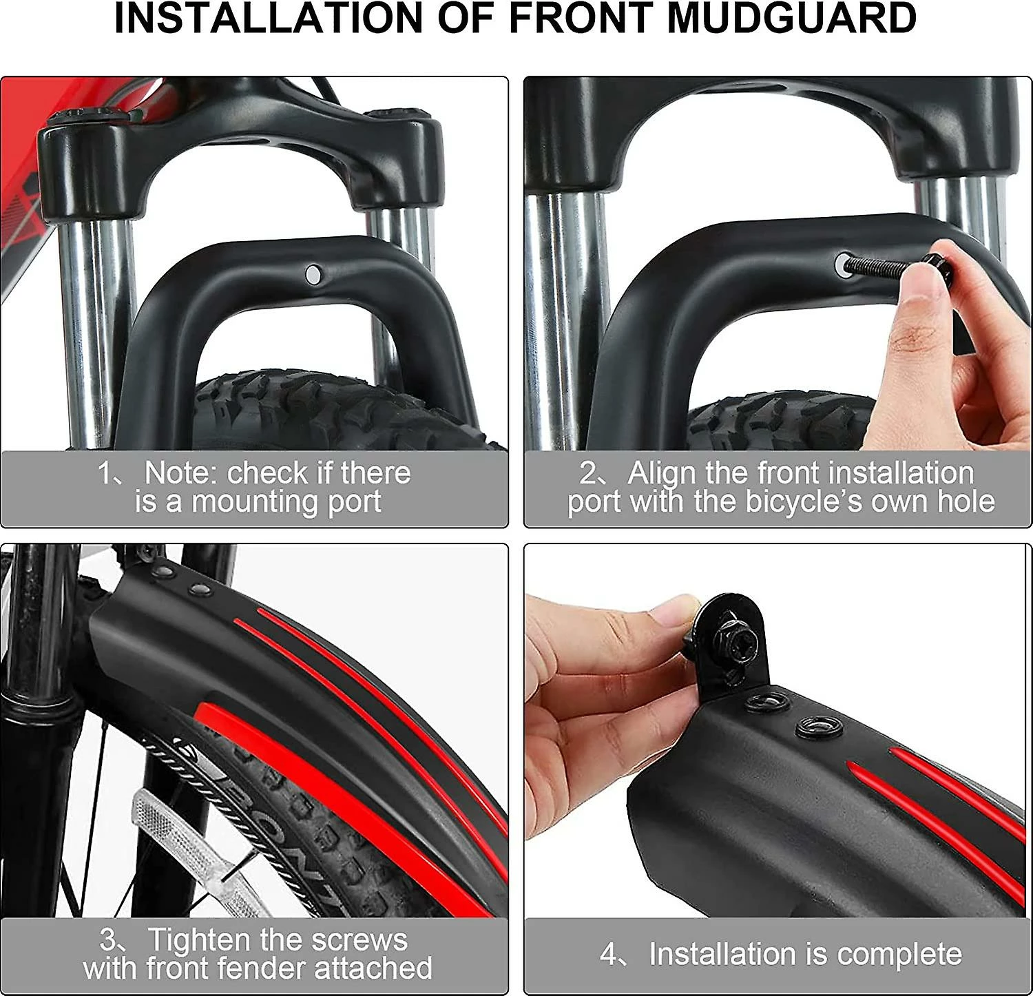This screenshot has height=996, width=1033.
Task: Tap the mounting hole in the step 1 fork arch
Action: [x=313, y=274]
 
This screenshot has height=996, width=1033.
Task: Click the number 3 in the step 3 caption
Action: [x=109, y=940]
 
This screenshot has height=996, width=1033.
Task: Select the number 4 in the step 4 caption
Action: [x=609, y=955]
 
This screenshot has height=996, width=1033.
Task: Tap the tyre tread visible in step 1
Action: [x=331, y=411]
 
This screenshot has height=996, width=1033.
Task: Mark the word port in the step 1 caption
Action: [x=355, y=502]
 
